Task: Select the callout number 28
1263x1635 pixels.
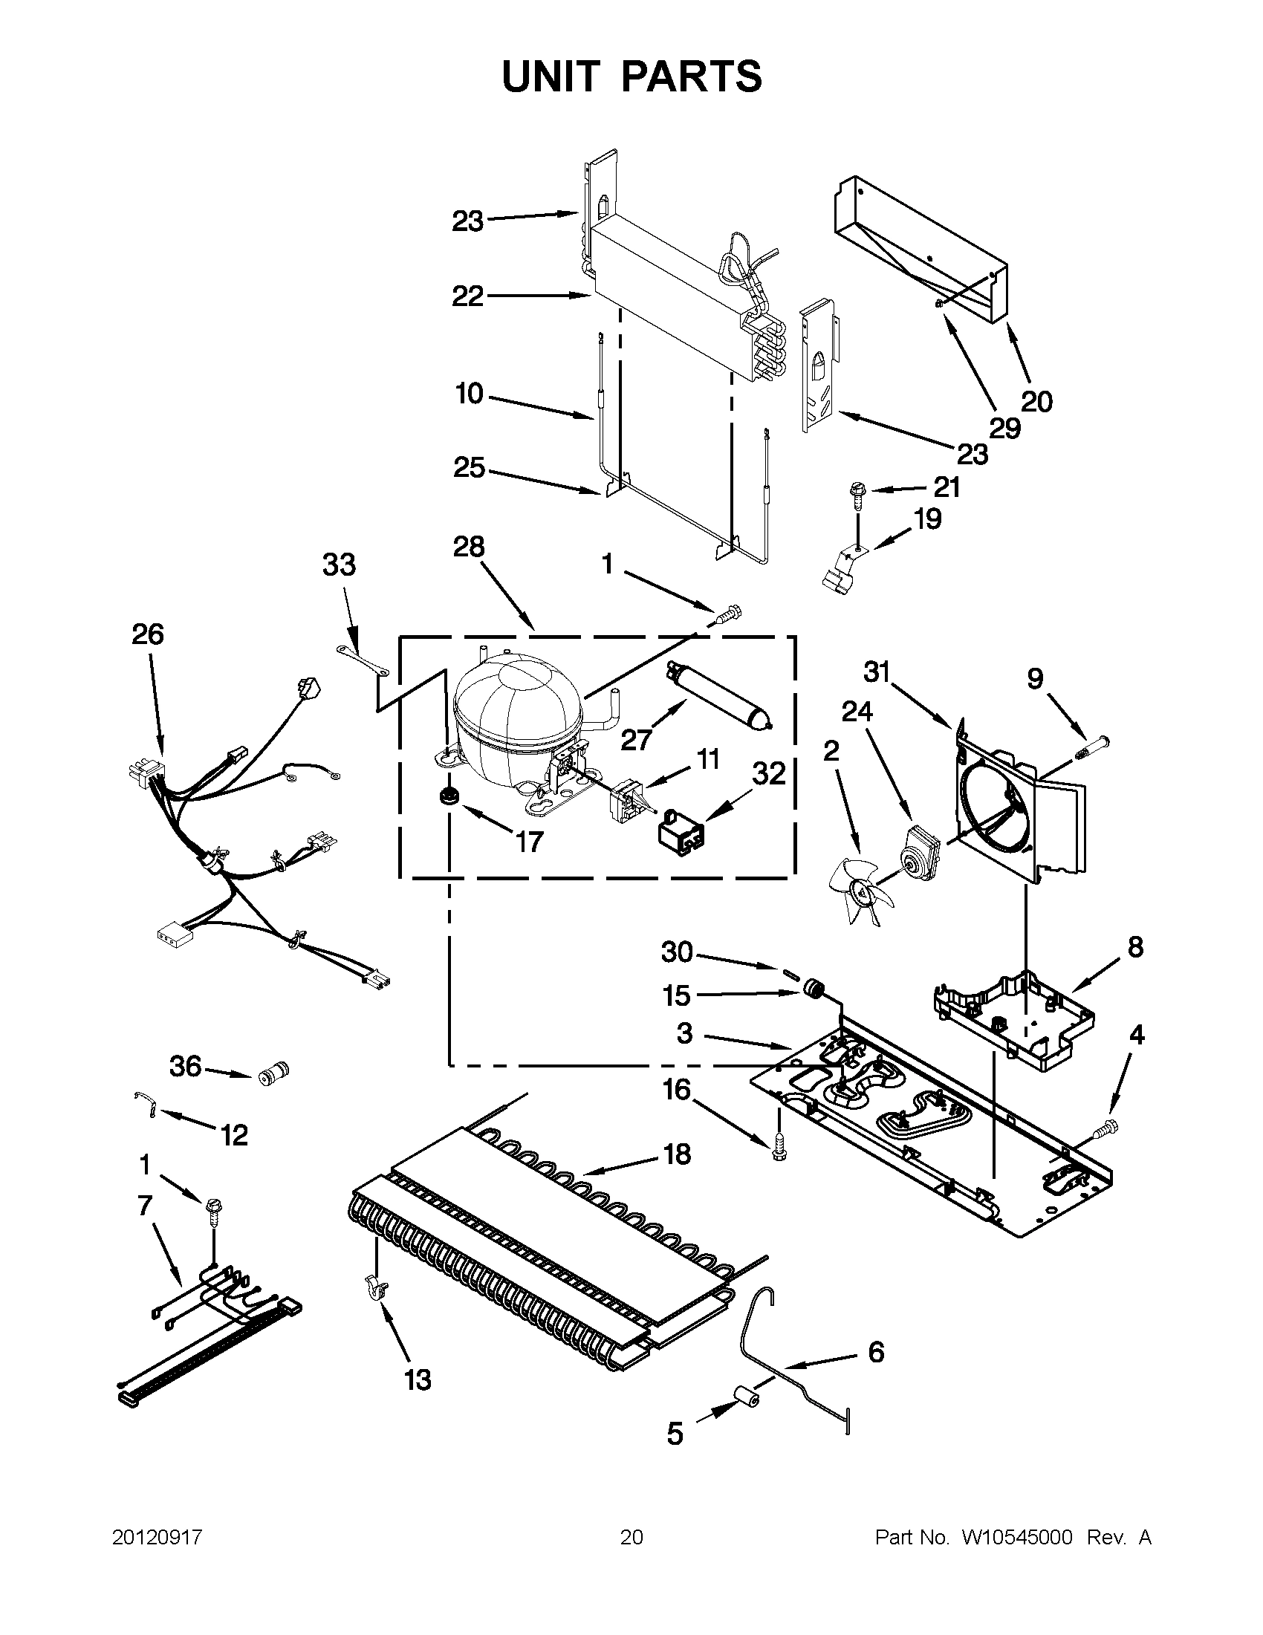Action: [469, 547]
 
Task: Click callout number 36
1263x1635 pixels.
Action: [186, 1065]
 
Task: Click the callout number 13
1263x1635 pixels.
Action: [418, 1379]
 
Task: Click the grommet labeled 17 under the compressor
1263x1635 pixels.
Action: [449, 795]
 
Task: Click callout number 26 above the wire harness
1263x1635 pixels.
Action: [148, 635]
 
